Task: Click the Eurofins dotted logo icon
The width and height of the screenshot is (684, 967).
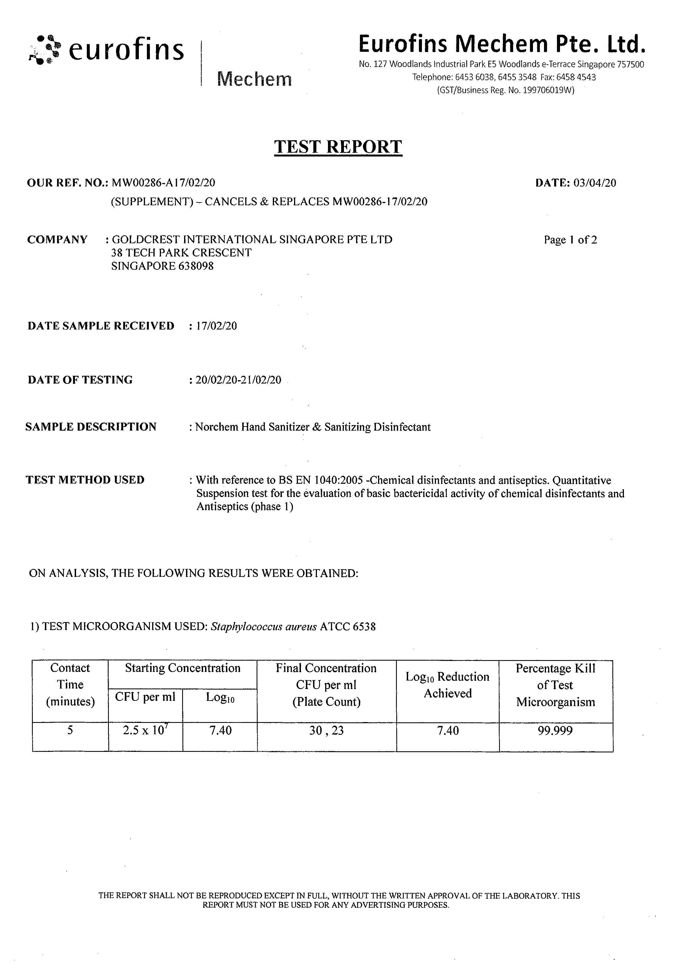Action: [x=44, y=50]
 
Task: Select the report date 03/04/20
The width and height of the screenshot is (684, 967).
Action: [x=595, y=183]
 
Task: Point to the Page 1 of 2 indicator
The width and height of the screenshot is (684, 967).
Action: [x=570, y=240]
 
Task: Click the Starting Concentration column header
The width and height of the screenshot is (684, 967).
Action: [x=182, y=668]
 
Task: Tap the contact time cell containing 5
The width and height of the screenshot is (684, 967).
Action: [x=70, y=730]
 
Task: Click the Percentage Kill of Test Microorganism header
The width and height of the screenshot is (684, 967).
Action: [x=556, y=685]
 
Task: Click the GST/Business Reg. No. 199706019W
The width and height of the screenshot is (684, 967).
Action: [x=505, y=90]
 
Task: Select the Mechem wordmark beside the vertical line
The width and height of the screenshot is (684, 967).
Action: [x=254, y=79]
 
